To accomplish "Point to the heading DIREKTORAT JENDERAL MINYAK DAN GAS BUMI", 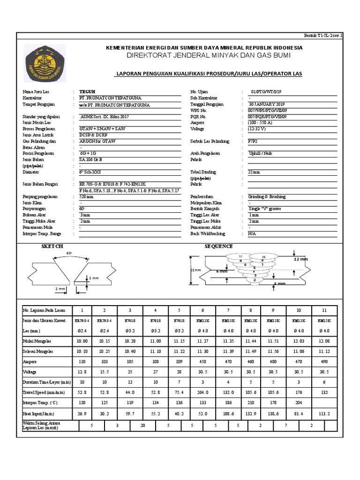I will tap(204, 56).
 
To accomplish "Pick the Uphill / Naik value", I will tap(260, 153).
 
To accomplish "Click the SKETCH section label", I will tap(52, 246).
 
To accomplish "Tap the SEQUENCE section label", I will tap(218, 246).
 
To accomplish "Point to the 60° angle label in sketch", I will tap(69, 253).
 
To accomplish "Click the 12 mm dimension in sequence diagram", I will tap(300, 259).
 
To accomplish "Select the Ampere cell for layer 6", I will tap(203, 362).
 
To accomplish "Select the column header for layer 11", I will tap(323, 310).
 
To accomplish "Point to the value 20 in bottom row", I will tap(142, 426).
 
